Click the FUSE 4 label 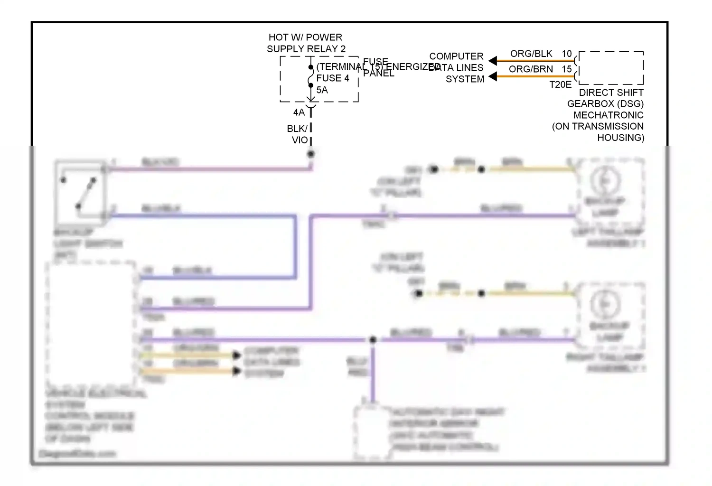point(333,78)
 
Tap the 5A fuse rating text point(322,90)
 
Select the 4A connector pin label point(299,112)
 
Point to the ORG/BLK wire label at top point(531,54)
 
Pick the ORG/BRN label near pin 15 point(531,69)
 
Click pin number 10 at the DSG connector point(567,54)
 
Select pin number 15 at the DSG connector point(567,69)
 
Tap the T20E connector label point(561,85)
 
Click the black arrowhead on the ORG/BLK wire point(493,61)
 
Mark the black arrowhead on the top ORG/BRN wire point(493,76)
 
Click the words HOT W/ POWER point(305,37)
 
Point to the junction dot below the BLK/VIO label point(311,154)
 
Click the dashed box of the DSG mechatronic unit point(611,68)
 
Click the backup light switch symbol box point(80,192)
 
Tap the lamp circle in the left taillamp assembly point(605,180)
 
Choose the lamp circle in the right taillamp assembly point(605,304)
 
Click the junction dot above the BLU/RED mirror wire point(373,340)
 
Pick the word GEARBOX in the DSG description point(587,104)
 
